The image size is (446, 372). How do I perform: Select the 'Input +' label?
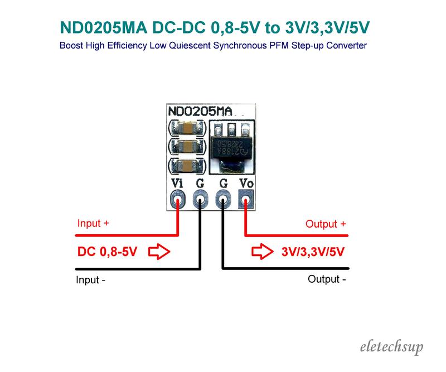(x=93, y=224)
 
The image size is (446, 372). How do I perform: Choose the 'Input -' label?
(x=91, y=280)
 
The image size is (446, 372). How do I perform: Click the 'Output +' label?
(x=326, y=225)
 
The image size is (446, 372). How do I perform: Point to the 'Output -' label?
(x=327, y=279)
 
